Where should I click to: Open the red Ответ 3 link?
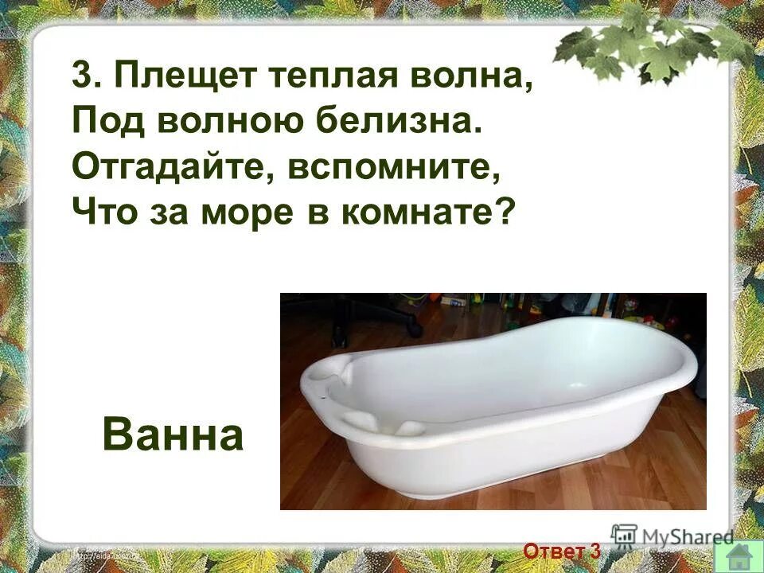pos(562,551)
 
